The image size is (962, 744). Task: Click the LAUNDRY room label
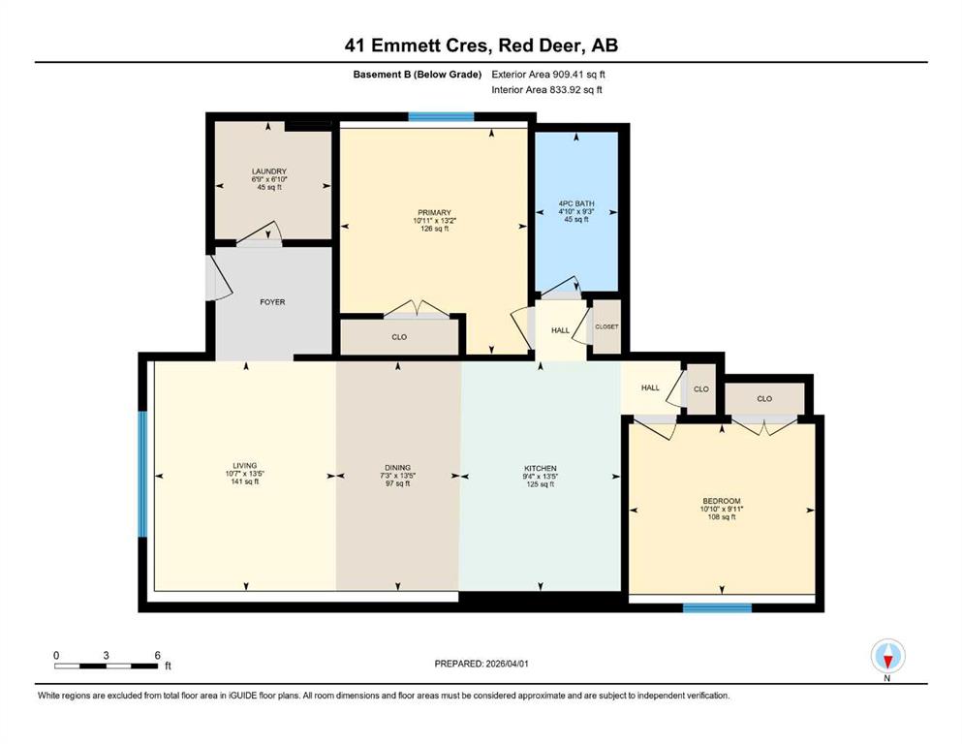point(268,171)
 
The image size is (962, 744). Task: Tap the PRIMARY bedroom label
point(434,213)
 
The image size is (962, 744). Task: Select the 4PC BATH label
point(576,203)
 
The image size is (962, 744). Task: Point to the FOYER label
point(272,302)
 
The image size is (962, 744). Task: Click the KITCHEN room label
point(541,469)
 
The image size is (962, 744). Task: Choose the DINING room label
point(397,467)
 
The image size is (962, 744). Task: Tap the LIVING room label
point(245,466)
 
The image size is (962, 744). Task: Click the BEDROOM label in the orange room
point(722,501)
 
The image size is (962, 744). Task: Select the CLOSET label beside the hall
point(606,326)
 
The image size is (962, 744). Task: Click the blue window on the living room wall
point(142,474)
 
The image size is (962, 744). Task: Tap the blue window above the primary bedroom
point(441,116)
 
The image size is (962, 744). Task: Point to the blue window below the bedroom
point(717,607)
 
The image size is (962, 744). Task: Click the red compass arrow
point(887,662)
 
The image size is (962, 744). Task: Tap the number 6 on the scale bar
point(157,655)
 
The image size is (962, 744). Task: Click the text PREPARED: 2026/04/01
point(481,664)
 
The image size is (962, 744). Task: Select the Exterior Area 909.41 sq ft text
point(548,75)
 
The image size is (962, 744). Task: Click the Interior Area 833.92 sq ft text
point(546,89)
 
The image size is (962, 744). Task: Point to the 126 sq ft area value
point(434,229)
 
